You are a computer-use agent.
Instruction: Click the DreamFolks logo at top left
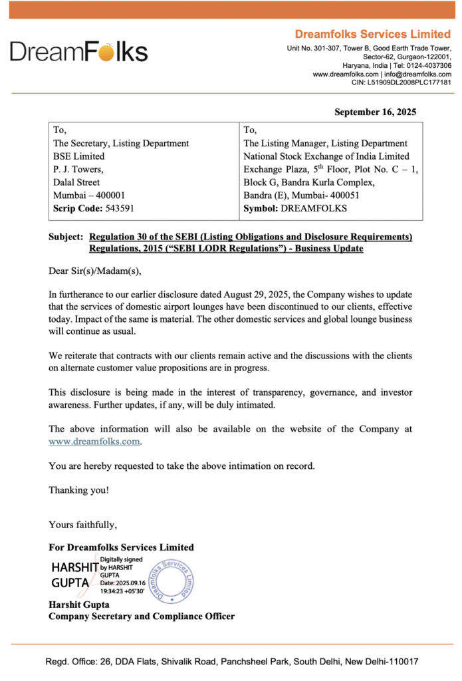click(x=78, y=52)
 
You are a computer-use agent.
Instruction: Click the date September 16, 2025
click(x=375, y=112)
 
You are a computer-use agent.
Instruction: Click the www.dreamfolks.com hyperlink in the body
click(x=95, y=441)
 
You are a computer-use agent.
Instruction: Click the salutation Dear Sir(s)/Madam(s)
click(x=95, y=271)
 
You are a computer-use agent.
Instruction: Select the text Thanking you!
click(x=78, y=490)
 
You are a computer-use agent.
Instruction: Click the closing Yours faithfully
click(x=82, y=525)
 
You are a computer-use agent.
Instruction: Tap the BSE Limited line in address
click(x=78, y=156)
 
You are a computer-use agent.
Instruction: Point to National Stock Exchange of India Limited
click(x=326, y=156)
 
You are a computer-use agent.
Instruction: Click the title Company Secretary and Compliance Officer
click(x=141, y=616)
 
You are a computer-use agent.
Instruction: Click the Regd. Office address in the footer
click(x=231, y=662)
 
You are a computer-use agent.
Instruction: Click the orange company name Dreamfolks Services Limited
click(x=372, y=34)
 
